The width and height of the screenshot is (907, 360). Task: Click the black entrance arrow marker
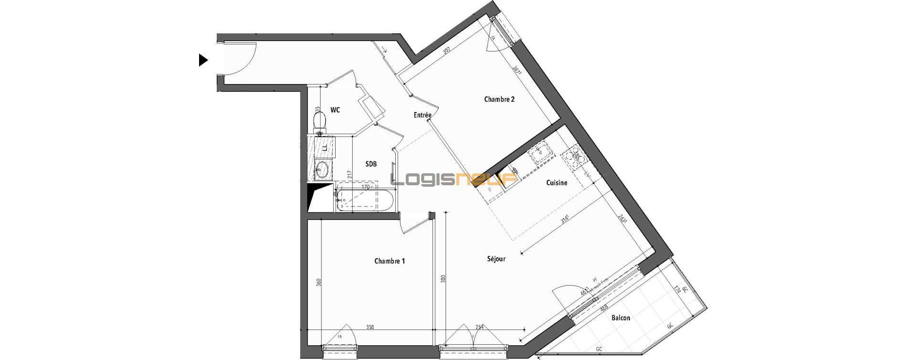click(x=203, y=60)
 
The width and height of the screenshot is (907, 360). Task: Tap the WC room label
click(x=335, y=110)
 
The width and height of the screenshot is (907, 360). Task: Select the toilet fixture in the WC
click(x=319, y=120)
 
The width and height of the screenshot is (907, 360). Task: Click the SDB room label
click(x=371, y=164)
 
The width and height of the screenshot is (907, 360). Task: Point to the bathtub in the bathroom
click(x=365, y=200)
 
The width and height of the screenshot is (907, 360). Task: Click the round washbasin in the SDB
click(x=322, y=169)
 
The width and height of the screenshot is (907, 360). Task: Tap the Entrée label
click(x=422, y=115)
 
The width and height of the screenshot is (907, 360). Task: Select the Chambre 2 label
click(x=499, y=99)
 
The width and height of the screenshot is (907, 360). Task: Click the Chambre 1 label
click(x=390, y=261)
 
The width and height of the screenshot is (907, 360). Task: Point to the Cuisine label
click(x=557, y=182)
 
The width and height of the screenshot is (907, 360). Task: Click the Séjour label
click(x=496, y=259)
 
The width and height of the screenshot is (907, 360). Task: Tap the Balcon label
click(x=621, y=318)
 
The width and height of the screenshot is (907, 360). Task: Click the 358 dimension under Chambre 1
click(x=370, y=327)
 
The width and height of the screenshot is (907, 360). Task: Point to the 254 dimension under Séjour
click(x=480, y=327)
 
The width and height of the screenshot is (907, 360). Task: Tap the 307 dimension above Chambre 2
click(x=447, y=51)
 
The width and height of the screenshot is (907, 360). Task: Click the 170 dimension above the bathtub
click(x=365, y=187)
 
